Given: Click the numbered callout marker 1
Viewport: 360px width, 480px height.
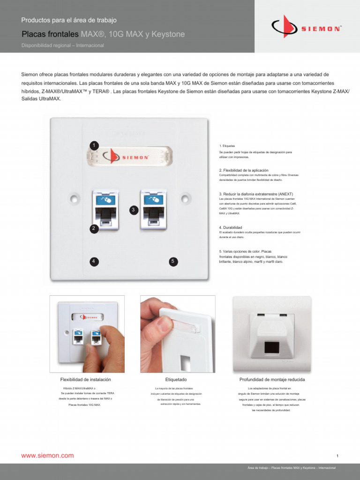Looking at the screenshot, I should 94,145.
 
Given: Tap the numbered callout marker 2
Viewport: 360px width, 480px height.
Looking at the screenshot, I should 94,228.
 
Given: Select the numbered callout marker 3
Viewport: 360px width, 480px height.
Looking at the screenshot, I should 134,210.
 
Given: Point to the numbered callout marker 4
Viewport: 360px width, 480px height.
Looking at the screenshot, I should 94,261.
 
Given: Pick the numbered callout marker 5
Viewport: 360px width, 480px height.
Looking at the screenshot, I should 173,261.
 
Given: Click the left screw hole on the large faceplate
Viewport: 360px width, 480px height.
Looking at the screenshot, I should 73,198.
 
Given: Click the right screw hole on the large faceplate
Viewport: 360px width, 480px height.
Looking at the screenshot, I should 185,198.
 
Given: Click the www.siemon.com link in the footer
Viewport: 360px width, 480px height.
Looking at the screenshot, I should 47,455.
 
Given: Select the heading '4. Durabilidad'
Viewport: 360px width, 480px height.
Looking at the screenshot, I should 231,228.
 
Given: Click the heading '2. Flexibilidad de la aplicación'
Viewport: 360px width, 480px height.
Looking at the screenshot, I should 244,170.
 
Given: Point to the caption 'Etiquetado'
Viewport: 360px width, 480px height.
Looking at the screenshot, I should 176,379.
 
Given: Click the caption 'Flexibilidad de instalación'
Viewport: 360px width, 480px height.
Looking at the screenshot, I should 86,379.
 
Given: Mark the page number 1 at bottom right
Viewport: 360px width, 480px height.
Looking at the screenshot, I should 337,456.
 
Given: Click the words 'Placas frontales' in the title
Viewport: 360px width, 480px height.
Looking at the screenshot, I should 50,35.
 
